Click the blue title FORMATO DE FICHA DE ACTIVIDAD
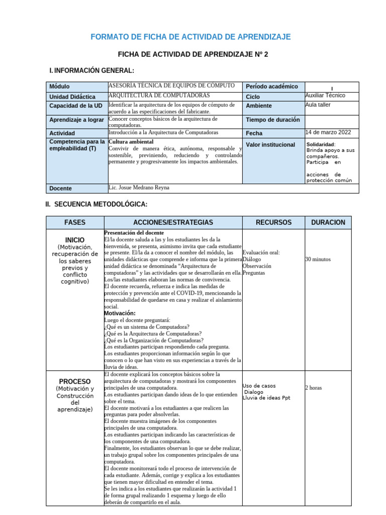[x=190, y=37]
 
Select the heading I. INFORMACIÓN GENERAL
[x=91, y=70]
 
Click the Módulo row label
[x=60, y=87]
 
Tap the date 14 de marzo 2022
[x=328, y=133]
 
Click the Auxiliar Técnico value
[x=325, y=96]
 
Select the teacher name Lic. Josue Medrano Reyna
[x=139, y=188]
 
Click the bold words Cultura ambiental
[x=131, y=142]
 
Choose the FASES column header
[x=75, y=222]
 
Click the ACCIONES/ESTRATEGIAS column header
[x=173, y=222]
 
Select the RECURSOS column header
[x=273, y=222]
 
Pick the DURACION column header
[x=328, y=222]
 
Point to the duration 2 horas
[x=314, y=388]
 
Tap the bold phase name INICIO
[x=75, y=240]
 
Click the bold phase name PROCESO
[x=75, y=381]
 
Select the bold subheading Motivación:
[x=120, y=313]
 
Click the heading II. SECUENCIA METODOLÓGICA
[x=96, y=204]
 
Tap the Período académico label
[x=272, y=87]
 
